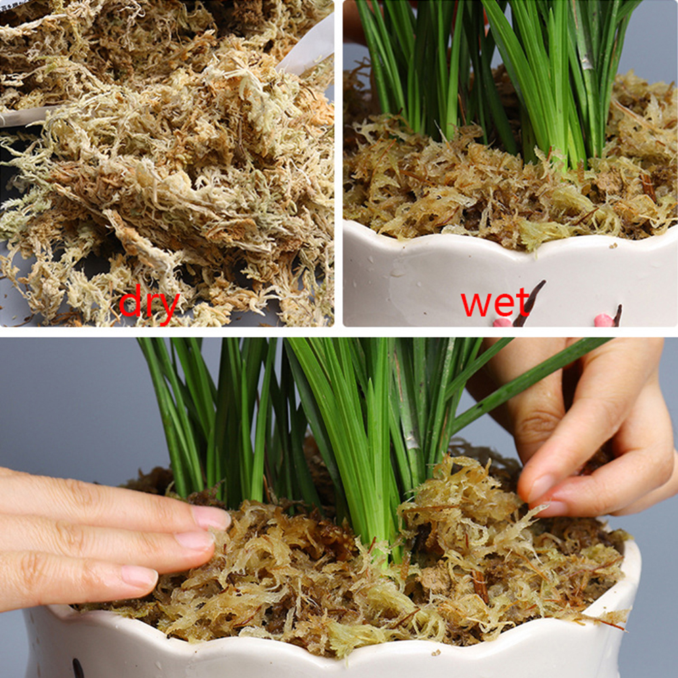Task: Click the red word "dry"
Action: pyautogui.click(x=149, y=303)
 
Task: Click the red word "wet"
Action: pyautogui.click(x=495, y=302)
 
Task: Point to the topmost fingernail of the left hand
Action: pyautogui.click(x=211, y=518)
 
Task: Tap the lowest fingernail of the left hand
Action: pyautogui.click(x=139, y=577)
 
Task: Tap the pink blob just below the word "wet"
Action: pyautogui.click(x=503, y=322)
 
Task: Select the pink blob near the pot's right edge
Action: pyautogui.click(x=604, y=321)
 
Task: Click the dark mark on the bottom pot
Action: pyautogui.click(x=78, y=668)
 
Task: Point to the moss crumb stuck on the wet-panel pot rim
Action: pyautogui.click(x=612, y=246)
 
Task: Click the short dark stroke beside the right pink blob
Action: pyautogui.click(x=618, y=315)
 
